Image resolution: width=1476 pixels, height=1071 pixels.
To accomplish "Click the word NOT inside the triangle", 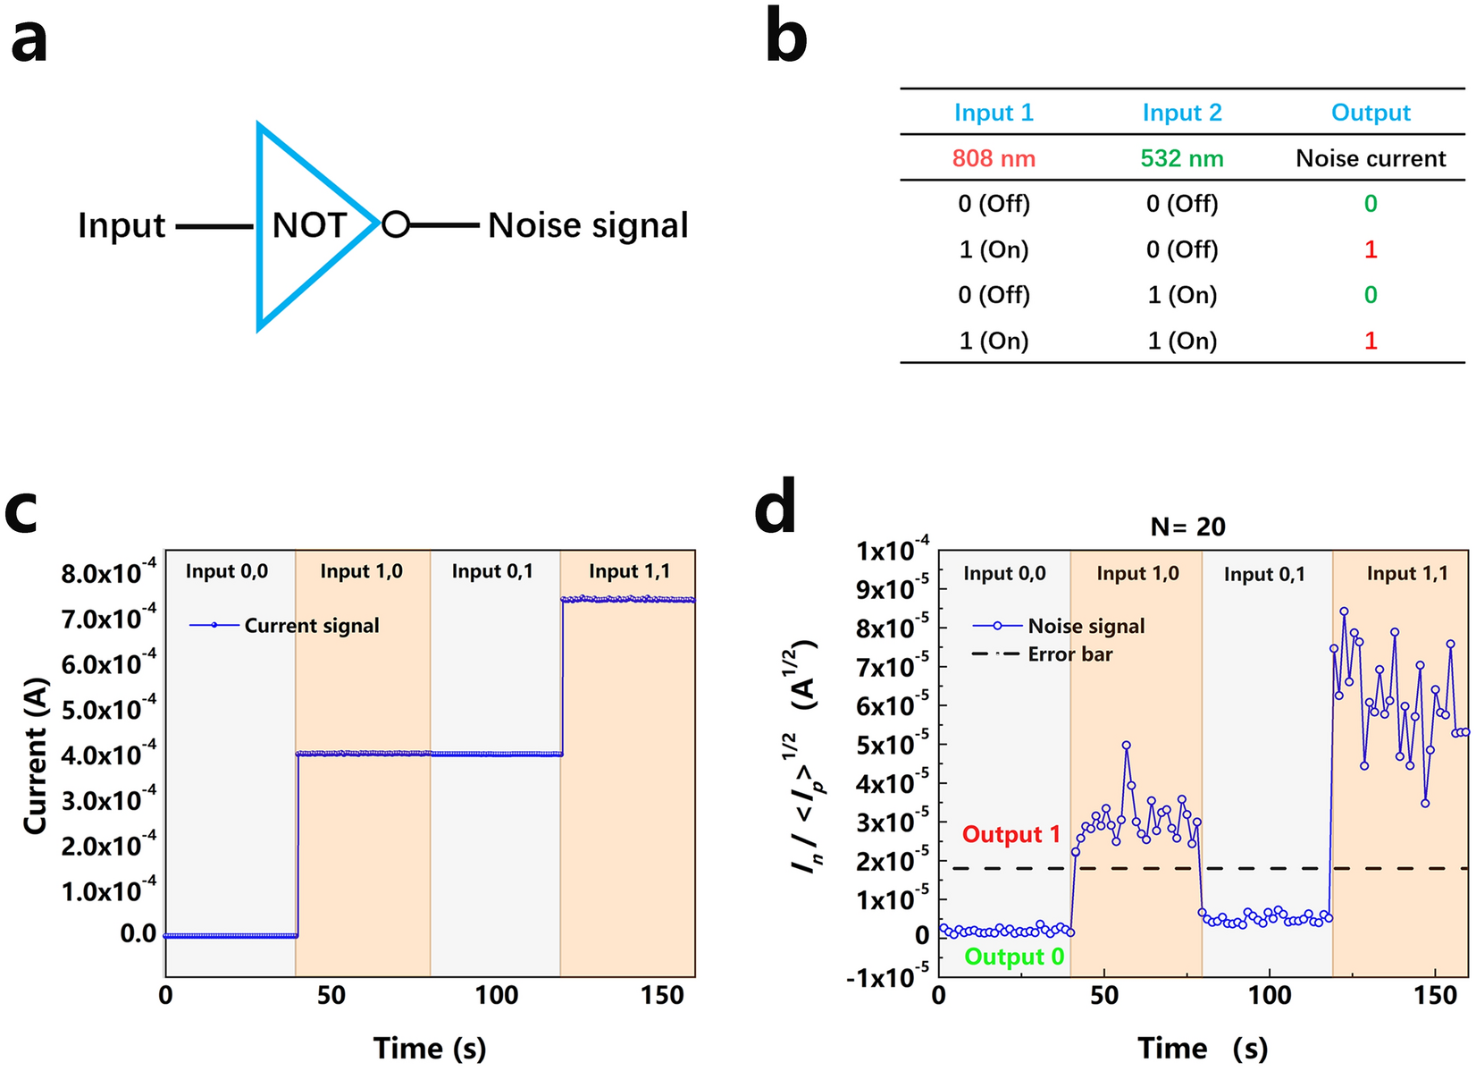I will (x=309, y=225).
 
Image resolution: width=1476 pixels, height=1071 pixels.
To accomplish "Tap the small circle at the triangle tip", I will (x=395, y=224).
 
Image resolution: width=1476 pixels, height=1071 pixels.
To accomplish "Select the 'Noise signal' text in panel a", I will (x=588, y=225).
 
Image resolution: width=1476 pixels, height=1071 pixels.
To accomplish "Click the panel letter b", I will (x=786, y=40).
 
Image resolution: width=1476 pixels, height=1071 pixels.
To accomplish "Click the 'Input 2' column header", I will (x=1181, y=113).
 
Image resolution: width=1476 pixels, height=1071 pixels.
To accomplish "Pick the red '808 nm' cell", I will (x=994, y=159).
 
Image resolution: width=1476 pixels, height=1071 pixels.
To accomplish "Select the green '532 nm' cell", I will (x=1181, y=159).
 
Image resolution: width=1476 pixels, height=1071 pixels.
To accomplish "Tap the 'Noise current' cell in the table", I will (x=1370, y=159).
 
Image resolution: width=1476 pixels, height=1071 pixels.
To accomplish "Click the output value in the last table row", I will (x=1370, y=341).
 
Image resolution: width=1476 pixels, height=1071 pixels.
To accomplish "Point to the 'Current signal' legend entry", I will (x=311, y=626).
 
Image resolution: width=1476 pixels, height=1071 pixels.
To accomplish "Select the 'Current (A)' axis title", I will (x=36, y=756).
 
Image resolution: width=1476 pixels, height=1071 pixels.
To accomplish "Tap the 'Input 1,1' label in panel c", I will (x=629, y=571).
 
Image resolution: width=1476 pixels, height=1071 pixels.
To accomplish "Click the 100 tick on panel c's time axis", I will (x=496, y=995).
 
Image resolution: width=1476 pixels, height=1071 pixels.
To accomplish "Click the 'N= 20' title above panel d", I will (x=1187, y=527).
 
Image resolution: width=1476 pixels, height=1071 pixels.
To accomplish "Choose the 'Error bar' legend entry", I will (x=1069, y=654).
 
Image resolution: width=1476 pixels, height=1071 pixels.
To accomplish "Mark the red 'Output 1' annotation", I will (x=1011, y=835).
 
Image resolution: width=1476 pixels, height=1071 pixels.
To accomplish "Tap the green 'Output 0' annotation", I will (x=1014, y=957).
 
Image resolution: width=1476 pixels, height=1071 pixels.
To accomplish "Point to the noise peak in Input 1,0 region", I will (x=1126, y=745).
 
